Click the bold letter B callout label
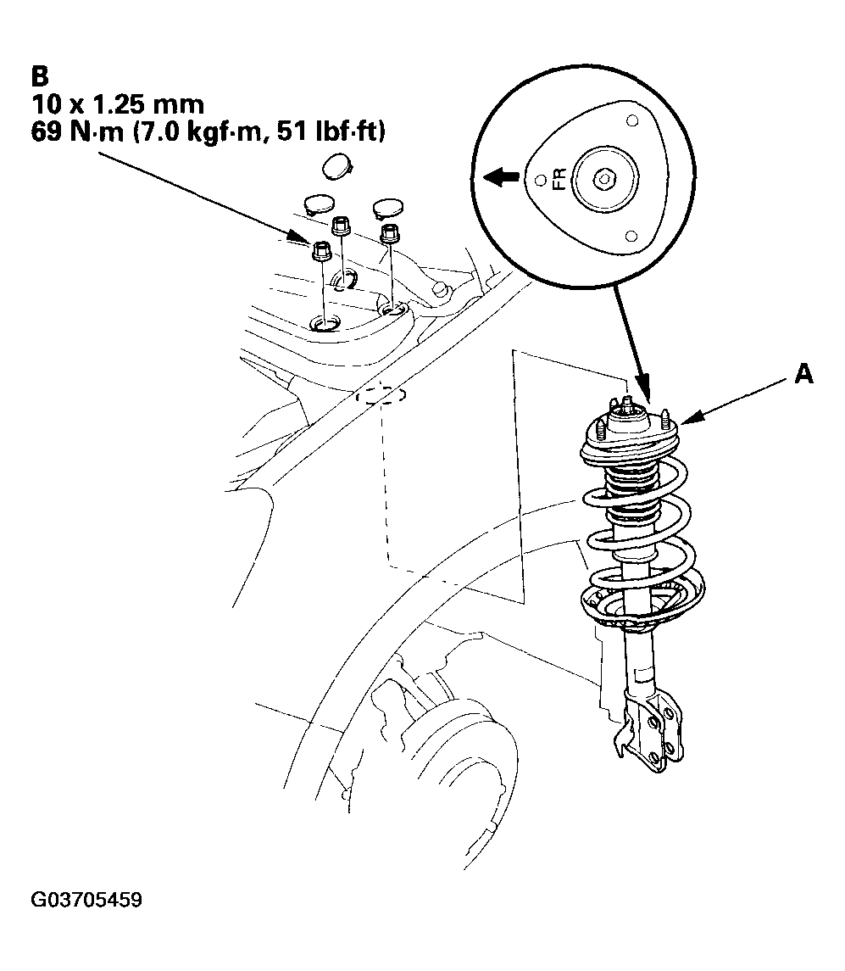tap(39, 76)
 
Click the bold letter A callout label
tap(803, 373)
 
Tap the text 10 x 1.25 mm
tap(118, 104)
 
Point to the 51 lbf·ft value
tap(331, 132)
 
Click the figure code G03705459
tap(86, 899)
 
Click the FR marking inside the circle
tap(559, 180)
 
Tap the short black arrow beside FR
tap(501, 178)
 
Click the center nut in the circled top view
tap(603, 180)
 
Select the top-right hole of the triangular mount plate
tap(632, 120)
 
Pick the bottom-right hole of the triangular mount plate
tap(631, 236)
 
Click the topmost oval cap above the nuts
tap(337, 166)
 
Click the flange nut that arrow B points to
tap(320, 251)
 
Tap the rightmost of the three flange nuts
tap(388, 233)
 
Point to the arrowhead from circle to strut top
tap(644, 389)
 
